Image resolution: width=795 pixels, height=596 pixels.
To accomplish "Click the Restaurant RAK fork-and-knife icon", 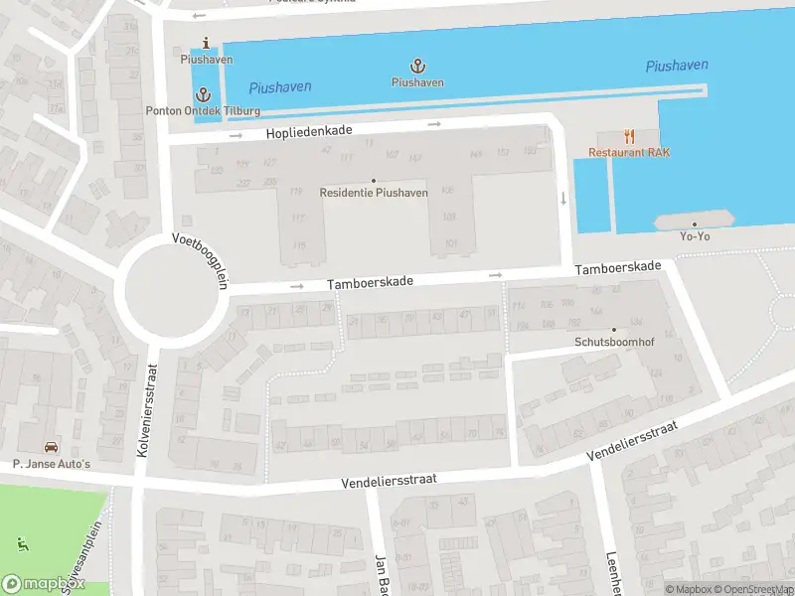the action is [x=629, y=136].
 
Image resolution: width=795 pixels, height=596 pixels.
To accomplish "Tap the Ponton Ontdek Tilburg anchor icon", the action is [x=204, y=94].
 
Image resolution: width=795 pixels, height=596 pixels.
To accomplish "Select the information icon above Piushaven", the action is [x=206, y=43].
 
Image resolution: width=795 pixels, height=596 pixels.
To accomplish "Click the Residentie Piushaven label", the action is [x=374, y=192].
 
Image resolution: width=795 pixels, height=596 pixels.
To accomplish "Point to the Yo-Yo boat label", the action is [x=694, y=235].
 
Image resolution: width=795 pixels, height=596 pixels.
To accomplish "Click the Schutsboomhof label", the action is [x=613, y=341].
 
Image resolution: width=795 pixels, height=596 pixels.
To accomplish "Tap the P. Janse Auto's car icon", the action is [x=51, y=447].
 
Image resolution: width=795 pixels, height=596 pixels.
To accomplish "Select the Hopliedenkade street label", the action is [x=310, y=132].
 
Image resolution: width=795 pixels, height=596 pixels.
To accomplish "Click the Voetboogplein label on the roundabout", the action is [x=200, y=260].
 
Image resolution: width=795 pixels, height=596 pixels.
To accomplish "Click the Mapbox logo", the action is [x=41, y=583].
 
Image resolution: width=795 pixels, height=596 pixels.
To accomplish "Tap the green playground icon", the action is [x=23, y=542].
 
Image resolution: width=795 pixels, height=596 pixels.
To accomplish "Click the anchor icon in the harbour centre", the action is [x=417, y=67].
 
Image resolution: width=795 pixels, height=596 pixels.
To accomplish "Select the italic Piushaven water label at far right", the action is [x=677, y=66].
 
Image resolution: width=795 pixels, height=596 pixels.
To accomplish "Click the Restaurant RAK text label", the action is [x=629, y=153].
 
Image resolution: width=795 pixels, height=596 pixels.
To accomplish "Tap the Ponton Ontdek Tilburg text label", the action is [x=204, y=110].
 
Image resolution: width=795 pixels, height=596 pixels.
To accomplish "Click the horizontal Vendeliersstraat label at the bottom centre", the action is [x=389, y=479].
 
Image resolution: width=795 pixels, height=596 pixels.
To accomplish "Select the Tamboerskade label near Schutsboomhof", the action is [x=617, y=267].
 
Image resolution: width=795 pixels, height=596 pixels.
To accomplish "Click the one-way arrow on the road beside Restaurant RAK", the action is [x=563, y=198].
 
